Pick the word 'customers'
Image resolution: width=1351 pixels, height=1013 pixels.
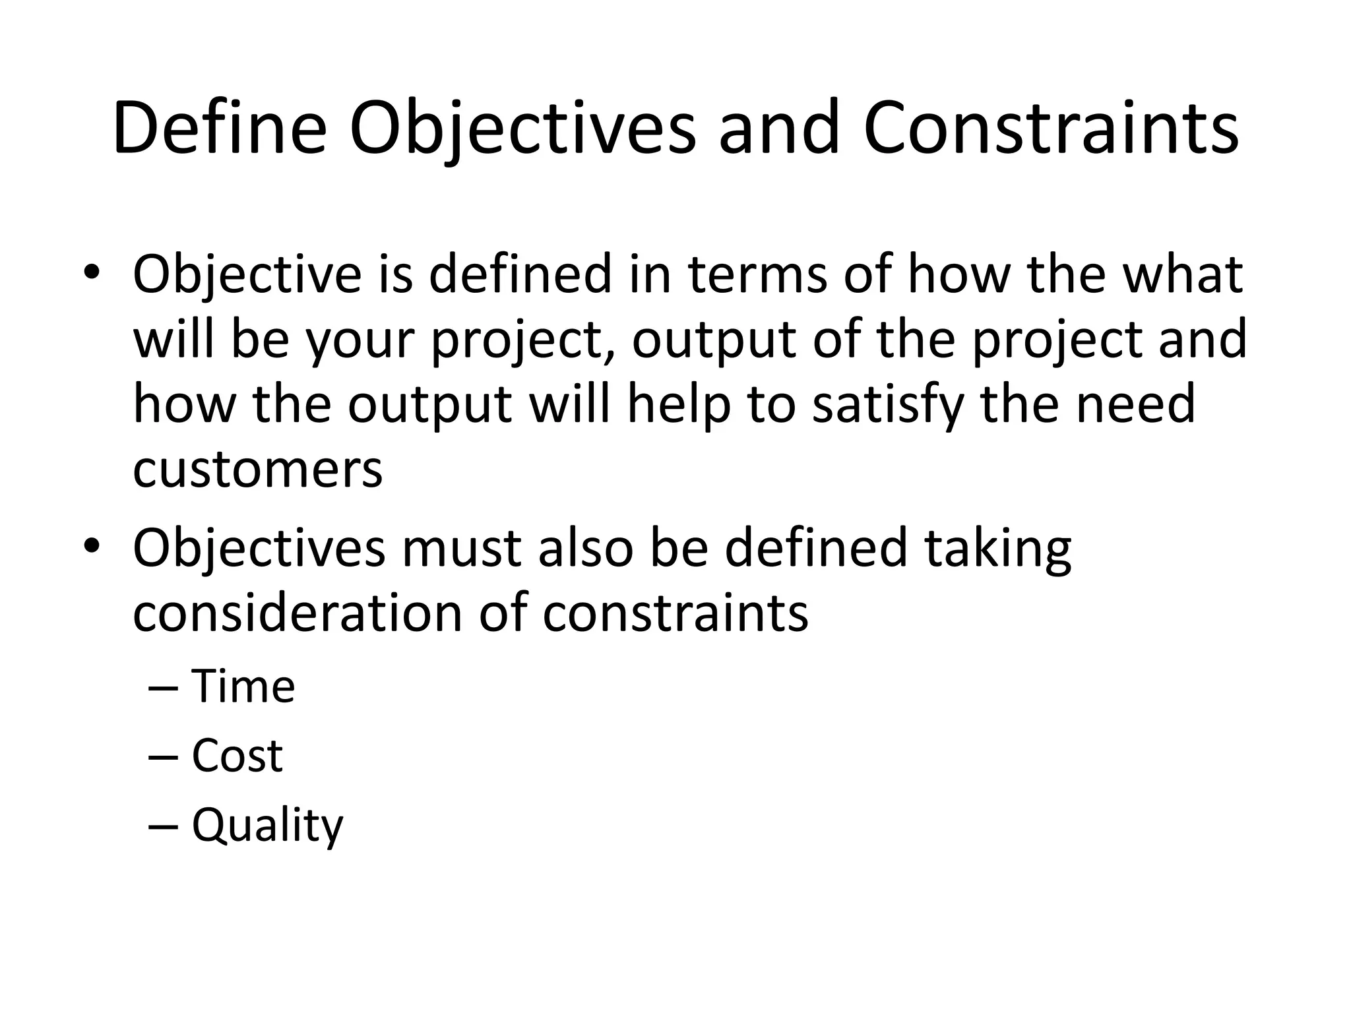257,470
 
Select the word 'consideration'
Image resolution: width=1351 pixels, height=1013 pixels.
298,613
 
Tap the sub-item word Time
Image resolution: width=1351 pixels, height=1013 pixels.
243,687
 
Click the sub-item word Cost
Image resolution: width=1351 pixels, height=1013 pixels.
237,755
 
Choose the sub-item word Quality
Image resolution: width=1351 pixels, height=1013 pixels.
267,826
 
